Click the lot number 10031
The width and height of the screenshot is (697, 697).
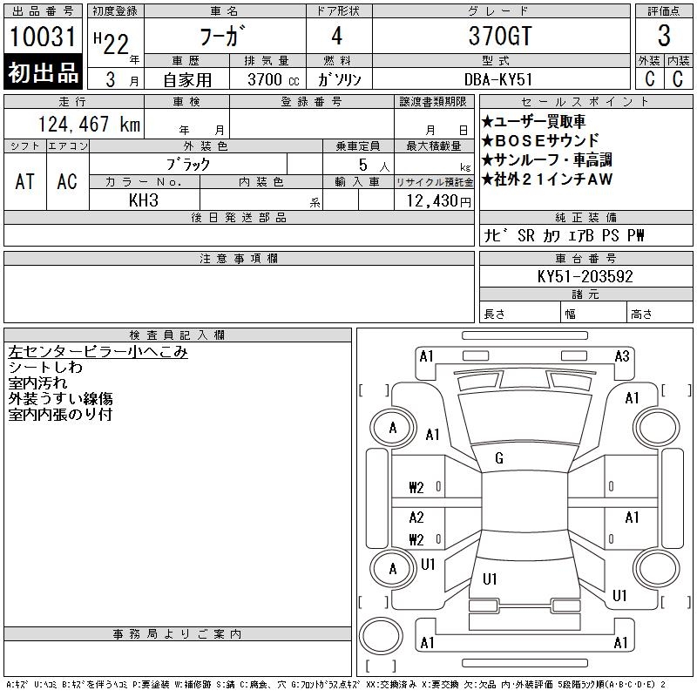[x=43, y=37]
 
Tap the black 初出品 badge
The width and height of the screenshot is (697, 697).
[x=43, y=72]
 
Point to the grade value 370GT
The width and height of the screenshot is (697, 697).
[x=500, y=36]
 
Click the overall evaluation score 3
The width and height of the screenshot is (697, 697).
[x=664, y=36]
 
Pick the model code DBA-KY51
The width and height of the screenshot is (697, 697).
[x=498, y=79]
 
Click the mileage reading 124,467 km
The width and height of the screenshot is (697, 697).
[x=89, y=124]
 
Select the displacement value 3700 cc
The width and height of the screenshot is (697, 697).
[x=274, y=79]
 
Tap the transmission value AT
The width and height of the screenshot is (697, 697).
[x=25, y=181]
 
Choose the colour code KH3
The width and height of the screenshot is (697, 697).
[x=144, y=200]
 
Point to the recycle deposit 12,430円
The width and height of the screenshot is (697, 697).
[x=438, y=201]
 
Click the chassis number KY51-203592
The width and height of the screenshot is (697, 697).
[x=585, y=276]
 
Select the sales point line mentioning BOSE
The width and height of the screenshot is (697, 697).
[x=540, y=140]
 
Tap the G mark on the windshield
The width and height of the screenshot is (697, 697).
[x=499, y=458]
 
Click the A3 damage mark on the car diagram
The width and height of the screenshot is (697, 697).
[x=622, y=356]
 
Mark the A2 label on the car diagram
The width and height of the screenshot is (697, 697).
[x=416, y=517]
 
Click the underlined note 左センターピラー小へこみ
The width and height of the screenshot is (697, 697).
[x=98, y=352]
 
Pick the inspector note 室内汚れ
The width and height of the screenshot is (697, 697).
[x=37, y=382]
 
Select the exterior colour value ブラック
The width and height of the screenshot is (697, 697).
[x=188, y=165]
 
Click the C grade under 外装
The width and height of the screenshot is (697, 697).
[x=649, y=78]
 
